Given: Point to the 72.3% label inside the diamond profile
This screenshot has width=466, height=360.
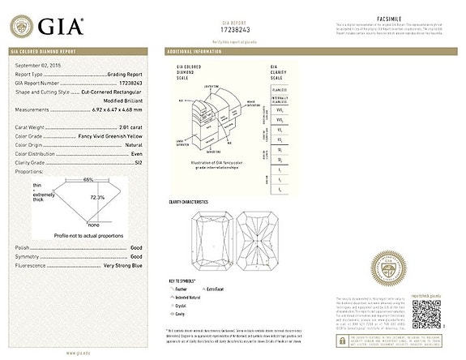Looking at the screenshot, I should coord(97,196).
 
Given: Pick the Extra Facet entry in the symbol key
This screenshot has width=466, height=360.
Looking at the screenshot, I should coord(215,288).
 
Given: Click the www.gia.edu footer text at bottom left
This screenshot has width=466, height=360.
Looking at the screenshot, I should coord(78,353).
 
